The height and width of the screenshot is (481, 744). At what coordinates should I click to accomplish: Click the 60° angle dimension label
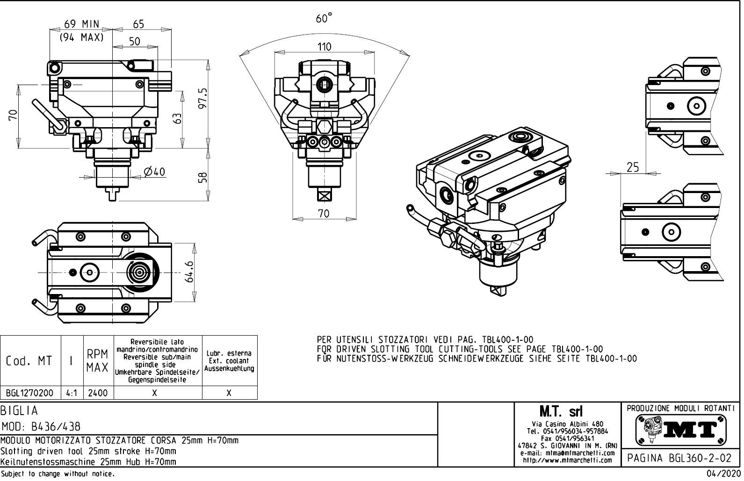(x=324, y=19)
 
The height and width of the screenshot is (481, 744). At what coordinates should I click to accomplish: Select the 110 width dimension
(x=324, y=47)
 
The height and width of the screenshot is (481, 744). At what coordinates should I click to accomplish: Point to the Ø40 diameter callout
(x=155, y=172)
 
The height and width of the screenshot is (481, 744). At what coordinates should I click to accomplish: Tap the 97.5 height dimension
(x=203, y=98)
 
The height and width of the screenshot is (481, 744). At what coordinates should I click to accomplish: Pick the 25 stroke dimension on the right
(x=632, y=167)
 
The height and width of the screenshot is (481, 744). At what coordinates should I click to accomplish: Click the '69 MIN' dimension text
(x=81, y=24)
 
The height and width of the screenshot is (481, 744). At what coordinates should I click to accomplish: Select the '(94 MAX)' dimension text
(x=81, y=37)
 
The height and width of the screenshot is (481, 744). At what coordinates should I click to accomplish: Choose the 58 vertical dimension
(x=203, y=178)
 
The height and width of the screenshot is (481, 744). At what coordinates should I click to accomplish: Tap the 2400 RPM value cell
(x=98, y=393)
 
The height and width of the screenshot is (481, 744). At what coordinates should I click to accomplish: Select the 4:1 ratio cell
(x=72, y=393)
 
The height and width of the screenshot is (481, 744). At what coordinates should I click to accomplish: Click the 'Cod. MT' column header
(x=29, y=361)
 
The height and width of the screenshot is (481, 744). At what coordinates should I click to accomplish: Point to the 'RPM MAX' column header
(x=98, y=361)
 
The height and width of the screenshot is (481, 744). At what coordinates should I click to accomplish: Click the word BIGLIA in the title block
(x=19, y=411)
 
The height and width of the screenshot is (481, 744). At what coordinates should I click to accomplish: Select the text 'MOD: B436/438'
(x=41, y=427)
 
